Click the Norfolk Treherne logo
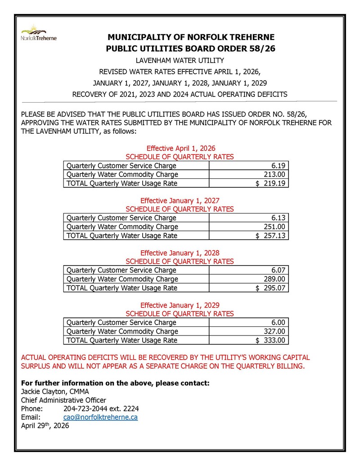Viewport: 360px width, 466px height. click(x=39, y=33)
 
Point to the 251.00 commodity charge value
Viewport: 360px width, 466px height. click(x=275, y=226)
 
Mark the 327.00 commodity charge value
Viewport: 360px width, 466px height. click(x=275, y=331)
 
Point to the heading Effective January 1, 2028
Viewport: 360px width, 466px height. click(x=180, y=253)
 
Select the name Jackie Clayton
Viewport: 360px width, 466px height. click(x=44, y=391)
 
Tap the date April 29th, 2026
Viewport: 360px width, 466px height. click(x=45, y=426)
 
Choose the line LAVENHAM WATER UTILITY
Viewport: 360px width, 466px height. click(x=180, y=60)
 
